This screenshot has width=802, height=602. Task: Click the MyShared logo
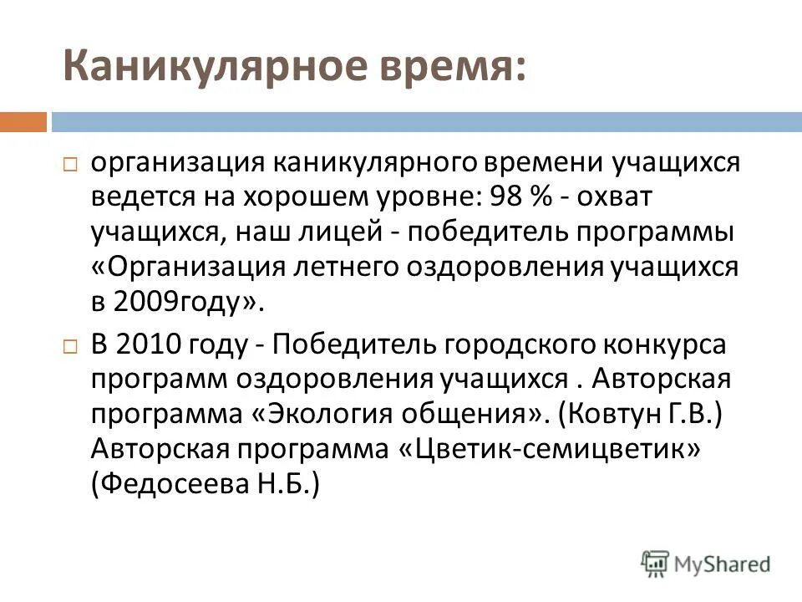(706, 564)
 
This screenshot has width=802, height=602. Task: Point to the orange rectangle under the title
(23, 122)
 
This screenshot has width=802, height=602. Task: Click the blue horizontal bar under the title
(426, 122)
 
